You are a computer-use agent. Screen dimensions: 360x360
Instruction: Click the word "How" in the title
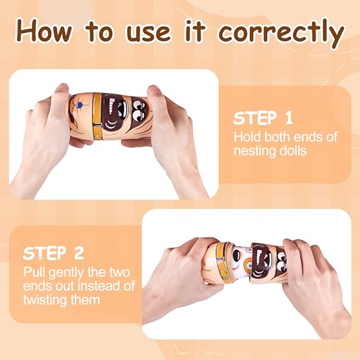click(45, 31)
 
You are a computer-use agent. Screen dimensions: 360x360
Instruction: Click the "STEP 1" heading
click(263, 118)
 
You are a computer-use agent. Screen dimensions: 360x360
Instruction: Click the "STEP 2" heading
click(53, 253)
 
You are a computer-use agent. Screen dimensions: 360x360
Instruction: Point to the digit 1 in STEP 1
click(289, 118)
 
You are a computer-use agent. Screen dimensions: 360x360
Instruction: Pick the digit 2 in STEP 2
click(79, 253)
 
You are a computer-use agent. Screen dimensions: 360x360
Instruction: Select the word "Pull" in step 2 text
click(35, 272)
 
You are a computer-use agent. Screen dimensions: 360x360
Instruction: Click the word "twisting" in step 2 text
click(45, 301)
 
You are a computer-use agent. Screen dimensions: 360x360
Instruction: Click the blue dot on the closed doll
click(79, 105)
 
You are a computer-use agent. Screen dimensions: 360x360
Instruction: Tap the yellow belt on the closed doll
click(98, 116)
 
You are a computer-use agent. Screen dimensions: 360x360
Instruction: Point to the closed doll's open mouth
click(117, 113)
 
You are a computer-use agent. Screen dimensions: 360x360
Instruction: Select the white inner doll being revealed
click(240, 261)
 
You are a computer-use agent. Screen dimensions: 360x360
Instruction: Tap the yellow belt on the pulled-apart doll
click(222, 262)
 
